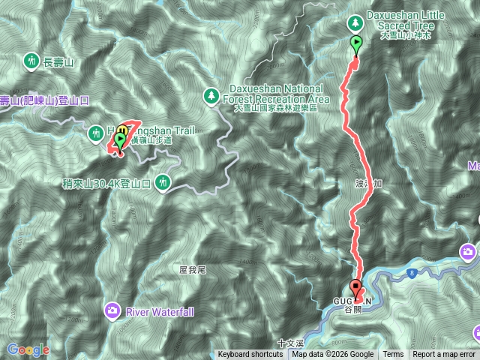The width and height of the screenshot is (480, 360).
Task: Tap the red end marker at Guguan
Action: coord(355,286)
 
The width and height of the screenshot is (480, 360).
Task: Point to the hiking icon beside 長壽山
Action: coord(31,58)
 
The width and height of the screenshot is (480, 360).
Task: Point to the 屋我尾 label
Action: coord(193,268)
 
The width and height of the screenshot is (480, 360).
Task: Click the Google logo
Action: coord(28,349)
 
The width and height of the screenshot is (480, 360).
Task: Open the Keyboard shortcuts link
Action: coord(251,355)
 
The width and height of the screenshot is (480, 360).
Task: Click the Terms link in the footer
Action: coord(393,355)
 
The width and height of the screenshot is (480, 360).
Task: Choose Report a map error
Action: coord(444,355)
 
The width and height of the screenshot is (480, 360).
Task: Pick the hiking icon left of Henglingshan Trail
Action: coord(95,133)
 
